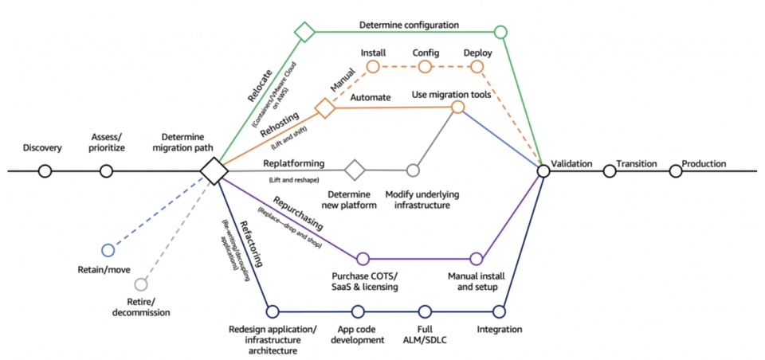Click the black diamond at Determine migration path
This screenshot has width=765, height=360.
pos(214,171)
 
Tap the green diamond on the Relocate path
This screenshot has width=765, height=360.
pos(305,32)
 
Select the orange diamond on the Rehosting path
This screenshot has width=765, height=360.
pos(324,108)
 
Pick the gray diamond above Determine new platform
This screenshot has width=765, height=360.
pos(355,170)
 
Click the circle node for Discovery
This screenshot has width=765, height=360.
pos(45,171)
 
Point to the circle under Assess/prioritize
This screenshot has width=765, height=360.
pos(106,171)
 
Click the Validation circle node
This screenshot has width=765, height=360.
pos(543,171)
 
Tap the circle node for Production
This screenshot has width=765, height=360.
pos(675,171)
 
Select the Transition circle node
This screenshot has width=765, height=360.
pos(610,171)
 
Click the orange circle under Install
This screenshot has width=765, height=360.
pos(373,66)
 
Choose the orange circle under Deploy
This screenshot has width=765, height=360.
pos(477,66)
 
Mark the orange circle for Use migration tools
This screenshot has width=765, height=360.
pos(457,107)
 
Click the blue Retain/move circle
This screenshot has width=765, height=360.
pos(108,250)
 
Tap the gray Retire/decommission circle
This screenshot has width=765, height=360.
pos(141,284)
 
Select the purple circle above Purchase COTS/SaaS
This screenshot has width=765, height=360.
pos(363,259)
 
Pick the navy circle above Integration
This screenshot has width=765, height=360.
pos(499,311)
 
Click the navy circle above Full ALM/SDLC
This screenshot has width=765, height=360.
pos(425,311)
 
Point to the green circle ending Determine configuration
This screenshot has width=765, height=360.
pos(500,32)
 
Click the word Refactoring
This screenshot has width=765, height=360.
pos(252,244)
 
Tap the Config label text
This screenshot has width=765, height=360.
pos(426,53)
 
